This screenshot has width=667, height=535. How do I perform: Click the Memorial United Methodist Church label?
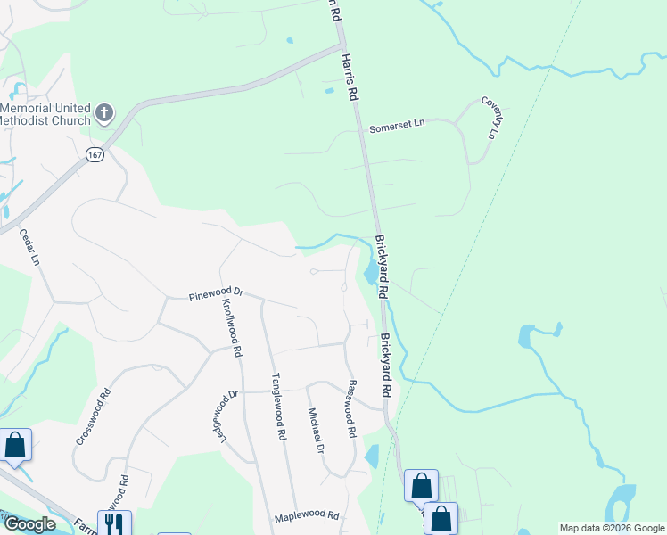coord(45,114)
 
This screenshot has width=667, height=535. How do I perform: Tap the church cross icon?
coord(104,113)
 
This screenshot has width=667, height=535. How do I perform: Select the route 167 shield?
coord(94,154)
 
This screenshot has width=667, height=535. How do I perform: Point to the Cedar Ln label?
coord(30,247)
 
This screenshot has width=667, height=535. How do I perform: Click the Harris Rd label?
coord(349,75)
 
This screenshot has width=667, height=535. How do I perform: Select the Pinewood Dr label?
coord(216,293)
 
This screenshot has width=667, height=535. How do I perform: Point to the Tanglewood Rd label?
coord(278,407)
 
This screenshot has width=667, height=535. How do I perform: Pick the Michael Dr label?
coord(315,430)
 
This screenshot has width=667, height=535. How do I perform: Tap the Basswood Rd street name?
coord(351,407)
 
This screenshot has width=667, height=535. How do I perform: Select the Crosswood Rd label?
coord(93,416)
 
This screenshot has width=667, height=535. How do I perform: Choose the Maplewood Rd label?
coord(307,515)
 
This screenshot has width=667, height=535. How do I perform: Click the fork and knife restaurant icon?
coord(114,523)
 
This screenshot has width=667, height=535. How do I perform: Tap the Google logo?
coord(29,524)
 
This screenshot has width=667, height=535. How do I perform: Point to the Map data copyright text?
coord(612,528)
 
